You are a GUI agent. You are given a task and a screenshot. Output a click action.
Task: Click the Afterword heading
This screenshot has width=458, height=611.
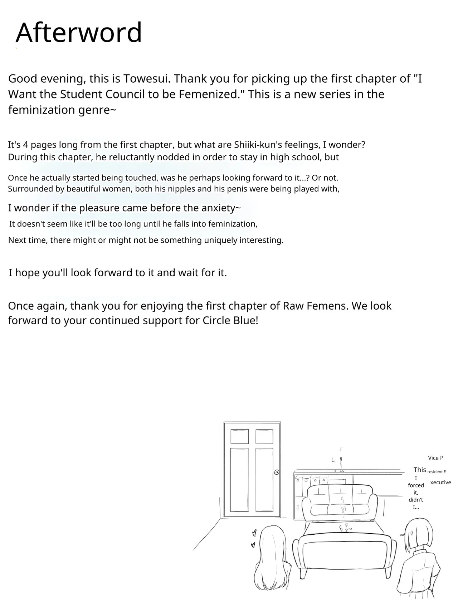pos(79,33)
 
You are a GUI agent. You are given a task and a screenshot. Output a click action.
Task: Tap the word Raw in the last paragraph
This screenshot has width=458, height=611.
pos(293,306)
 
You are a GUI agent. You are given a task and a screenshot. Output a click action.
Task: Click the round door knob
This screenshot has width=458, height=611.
pos(277,472)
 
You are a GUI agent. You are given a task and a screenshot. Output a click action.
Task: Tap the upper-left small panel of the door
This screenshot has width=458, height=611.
pos(239,437)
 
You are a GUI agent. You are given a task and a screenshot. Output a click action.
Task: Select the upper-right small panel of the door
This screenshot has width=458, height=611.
pos(264,437)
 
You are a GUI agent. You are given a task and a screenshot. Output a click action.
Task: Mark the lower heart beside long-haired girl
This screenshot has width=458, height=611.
pos(253,545)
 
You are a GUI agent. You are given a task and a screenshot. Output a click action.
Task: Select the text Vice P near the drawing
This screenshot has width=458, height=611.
pos(435,458)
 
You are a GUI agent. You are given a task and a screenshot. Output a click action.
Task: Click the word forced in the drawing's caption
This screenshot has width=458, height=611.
pos(416,485)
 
